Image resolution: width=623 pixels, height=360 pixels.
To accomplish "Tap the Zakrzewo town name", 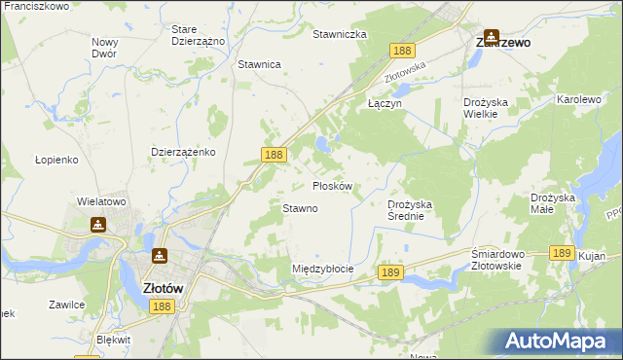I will [501, 43].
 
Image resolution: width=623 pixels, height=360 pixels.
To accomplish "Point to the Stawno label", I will [300, 208].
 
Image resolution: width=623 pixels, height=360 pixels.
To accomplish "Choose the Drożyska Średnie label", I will [419, 210].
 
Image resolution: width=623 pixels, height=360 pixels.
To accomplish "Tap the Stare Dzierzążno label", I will [198, 36].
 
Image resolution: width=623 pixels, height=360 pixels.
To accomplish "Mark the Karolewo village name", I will [580, 100].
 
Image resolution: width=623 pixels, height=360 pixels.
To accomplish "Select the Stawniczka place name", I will [339, 34].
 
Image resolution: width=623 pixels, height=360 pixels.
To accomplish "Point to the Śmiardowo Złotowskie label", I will [498, 261].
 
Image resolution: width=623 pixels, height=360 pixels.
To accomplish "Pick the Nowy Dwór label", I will [104, 48].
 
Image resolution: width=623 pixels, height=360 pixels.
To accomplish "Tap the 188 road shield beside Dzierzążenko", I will [274, 155].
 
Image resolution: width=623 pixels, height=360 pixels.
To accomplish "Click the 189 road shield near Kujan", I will [561, 252].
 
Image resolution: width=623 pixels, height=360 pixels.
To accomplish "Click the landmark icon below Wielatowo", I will [97, 225].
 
